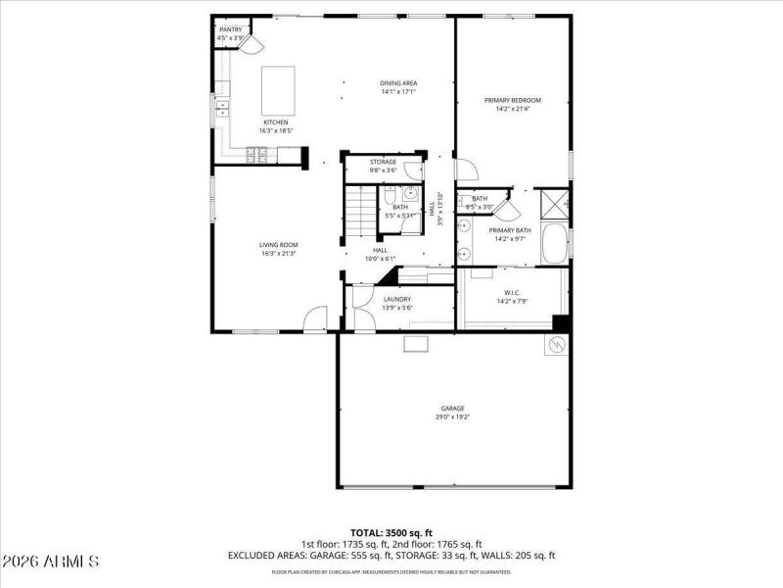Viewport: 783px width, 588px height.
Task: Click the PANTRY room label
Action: pos(230,29)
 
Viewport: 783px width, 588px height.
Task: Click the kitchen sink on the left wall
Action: pos(222,107)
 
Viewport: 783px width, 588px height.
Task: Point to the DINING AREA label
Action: pos(398,83)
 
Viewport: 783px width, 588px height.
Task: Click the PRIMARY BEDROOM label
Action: pos(513,100)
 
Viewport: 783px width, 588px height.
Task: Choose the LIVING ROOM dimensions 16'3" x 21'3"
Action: pos(279,254)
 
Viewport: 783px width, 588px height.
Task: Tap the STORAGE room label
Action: pos(383,162)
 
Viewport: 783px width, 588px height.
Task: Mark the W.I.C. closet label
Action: pos(512,292)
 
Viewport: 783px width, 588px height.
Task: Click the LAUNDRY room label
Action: pos(396,299)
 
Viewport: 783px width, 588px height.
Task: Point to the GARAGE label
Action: pos(452,408)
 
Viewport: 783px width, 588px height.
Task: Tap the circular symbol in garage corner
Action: pos(556,345)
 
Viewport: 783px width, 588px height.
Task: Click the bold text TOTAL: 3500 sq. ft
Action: pos(391,533)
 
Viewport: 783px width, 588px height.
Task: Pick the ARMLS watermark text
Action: pos(51,563)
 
